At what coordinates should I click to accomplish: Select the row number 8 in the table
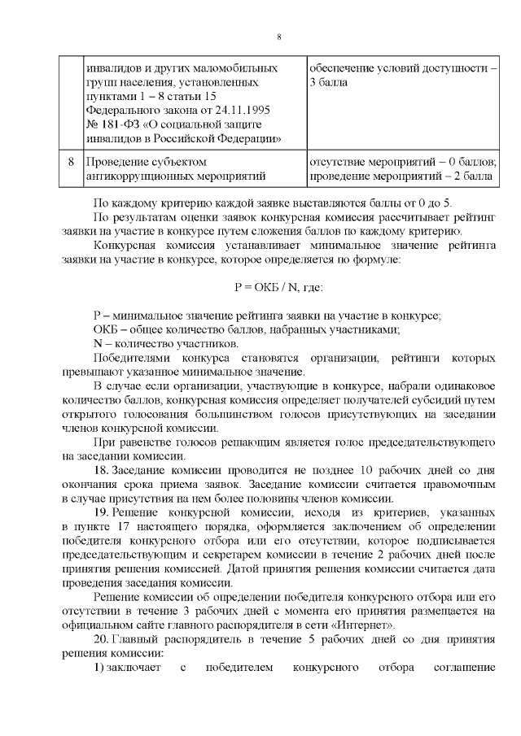point(72,161)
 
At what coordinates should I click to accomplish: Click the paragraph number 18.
point(102,471)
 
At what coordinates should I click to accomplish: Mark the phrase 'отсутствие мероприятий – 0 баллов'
point(402,161)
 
